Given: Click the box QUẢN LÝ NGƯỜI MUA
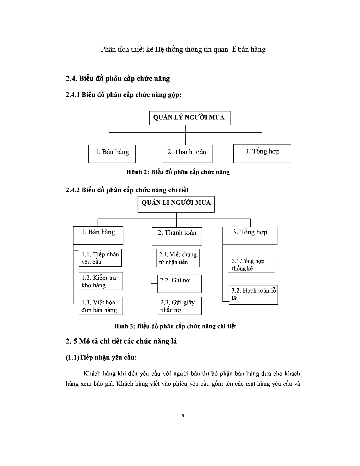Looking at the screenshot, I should coord(190,118).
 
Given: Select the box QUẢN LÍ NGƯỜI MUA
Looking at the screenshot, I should coord(176,204).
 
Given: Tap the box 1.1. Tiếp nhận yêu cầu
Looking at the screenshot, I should coord(100,258).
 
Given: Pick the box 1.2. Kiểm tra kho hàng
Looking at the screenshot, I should coord(101,281).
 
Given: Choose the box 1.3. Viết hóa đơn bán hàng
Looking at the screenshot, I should coord(101,306).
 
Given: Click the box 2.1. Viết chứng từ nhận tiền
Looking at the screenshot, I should coord(178,258).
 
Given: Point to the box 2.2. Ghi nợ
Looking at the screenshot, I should coord(179,283).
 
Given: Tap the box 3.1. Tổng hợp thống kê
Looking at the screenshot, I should coord(251,264).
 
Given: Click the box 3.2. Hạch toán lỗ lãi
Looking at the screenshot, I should coord(253,295).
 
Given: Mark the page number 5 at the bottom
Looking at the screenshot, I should coord(183,416).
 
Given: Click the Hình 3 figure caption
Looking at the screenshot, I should coord(175,326).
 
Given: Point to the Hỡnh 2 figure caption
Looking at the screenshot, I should coord(178,172).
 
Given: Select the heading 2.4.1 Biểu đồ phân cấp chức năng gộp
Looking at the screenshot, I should coord(123,95).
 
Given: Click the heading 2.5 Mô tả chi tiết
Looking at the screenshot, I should coord(121,341).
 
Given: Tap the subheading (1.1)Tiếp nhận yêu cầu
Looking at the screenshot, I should coord(101,358).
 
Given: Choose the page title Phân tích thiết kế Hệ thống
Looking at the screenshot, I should coord(183,49).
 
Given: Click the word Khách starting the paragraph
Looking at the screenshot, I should coord(92,374).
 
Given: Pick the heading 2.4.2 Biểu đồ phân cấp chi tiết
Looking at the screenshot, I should coord(127,190).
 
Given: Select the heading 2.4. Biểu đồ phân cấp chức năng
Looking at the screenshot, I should coord(118,78).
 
